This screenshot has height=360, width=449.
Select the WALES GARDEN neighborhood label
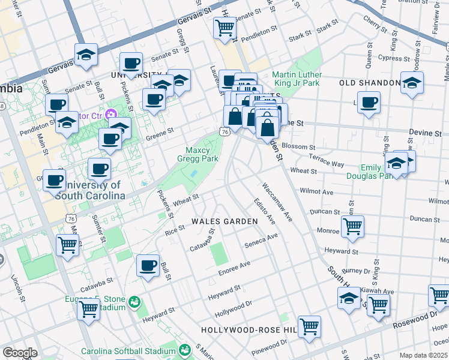[x=224, y=221]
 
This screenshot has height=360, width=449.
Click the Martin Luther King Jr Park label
[x=297, y=79]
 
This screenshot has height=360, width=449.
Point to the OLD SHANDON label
[x=370, y=83]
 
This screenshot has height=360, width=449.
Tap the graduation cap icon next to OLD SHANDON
[x=412, y=83]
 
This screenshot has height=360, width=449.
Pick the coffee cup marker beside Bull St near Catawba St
[x=148, y=266]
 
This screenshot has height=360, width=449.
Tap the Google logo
[x=20, y=353]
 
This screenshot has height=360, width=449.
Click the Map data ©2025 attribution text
[x=423, y=355]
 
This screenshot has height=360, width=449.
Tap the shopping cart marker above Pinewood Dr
[x=310, y=327]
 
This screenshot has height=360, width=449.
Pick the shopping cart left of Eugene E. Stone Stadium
[x=88, y=310]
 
